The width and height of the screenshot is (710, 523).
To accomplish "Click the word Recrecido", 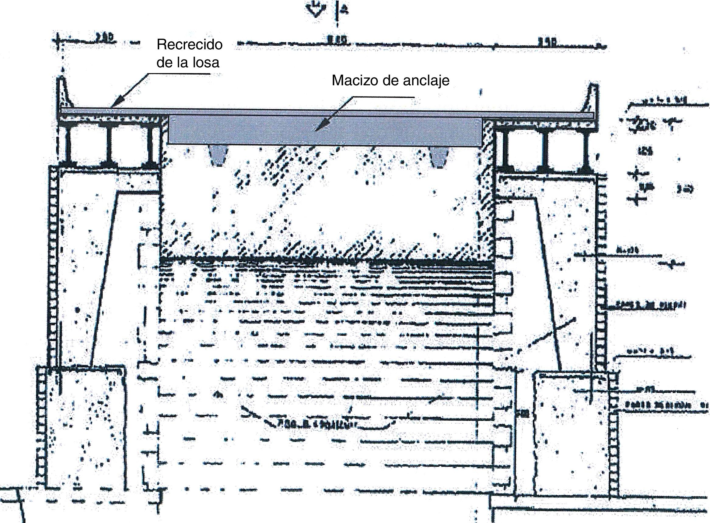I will pos(189,45).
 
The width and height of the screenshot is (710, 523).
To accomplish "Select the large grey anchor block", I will pos(325,130).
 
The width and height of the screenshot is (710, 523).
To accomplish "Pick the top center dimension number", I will pos(337,40).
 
